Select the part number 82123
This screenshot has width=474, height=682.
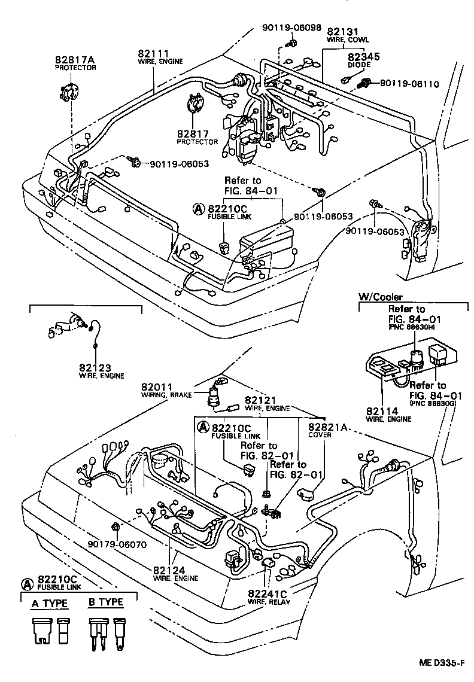(x=93, y=367)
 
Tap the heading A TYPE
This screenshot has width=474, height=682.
(x=50, y=603)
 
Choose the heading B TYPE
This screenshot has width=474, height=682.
(x=106, y=603)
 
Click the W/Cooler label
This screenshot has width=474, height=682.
(x=380, y=297)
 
